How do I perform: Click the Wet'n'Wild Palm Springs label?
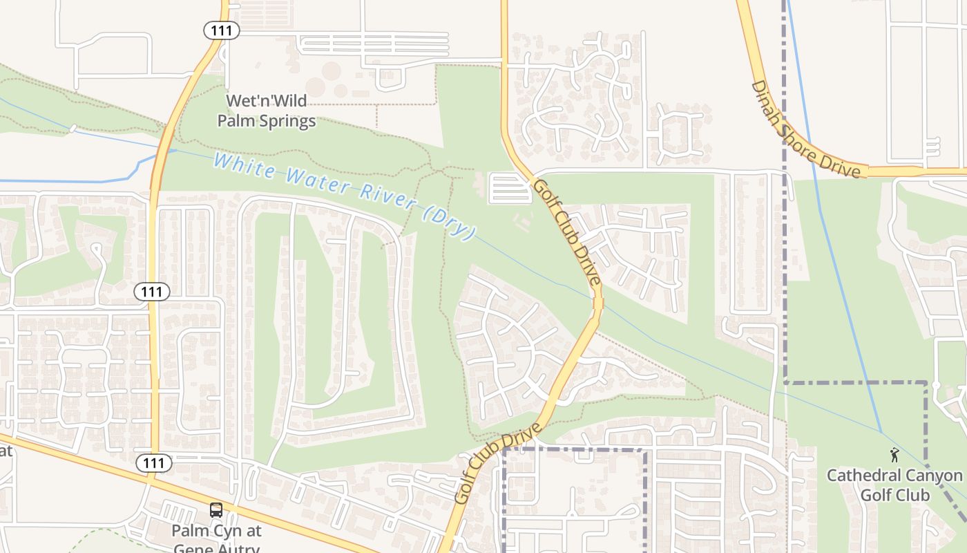(x=267, y=111)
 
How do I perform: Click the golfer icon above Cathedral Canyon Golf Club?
(x=895, y=455)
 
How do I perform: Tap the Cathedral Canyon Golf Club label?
(x=894, y=485)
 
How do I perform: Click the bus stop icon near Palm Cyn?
(x=216, y=510)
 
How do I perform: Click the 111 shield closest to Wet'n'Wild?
(x=221, y=30)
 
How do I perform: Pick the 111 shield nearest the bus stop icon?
(x=153, y=463)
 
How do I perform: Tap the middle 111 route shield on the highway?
(x=151, y=292)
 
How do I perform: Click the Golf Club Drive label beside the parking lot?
(x=567, y=232)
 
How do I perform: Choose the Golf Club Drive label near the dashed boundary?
(x=497, y=463)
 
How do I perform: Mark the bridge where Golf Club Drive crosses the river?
(x=597, y=303)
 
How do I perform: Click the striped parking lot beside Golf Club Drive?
(x=510, y=189)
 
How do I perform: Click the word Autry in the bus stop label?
(x=239, y=549)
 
